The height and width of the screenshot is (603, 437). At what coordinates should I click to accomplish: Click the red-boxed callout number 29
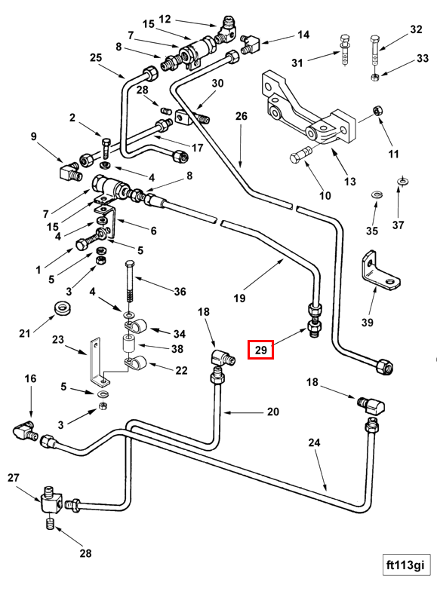(260, 350)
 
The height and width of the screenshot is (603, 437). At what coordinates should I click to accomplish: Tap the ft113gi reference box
(406, 565)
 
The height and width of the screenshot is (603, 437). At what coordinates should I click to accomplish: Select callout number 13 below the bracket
(349, 181)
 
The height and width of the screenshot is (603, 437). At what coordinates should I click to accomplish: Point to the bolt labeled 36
(130, 283)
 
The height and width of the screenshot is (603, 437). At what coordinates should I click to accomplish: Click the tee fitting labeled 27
(50, 500)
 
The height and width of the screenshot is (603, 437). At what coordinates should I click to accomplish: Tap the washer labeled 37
(402, 181)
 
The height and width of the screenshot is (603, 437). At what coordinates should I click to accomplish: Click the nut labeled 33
(375, 77)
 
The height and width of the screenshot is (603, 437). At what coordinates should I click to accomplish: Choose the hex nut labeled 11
(377, 111)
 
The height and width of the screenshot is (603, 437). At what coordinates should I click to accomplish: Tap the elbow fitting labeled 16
(25, 430)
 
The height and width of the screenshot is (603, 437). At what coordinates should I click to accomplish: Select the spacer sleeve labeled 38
(129, 343)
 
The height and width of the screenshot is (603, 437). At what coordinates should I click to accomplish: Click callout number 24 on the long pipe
(314, 442)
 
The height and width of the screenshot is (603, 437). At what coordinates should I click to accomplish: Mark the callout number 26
(241, 116)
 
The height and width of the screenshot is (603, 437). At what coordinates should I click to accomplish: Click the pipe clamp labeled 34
(134, 326)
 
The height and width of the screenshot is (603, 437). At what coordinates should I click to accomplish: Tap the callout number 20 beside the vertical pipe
(272, 412)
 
